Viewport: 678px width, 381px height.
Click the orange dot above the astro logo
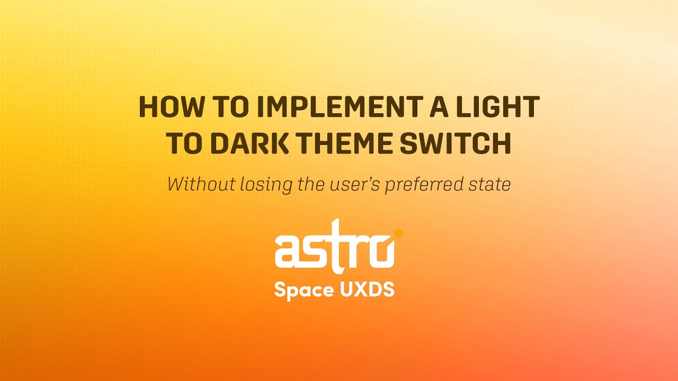point(398,232)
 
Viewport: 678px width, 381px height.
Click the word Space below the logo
point(301,291)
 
